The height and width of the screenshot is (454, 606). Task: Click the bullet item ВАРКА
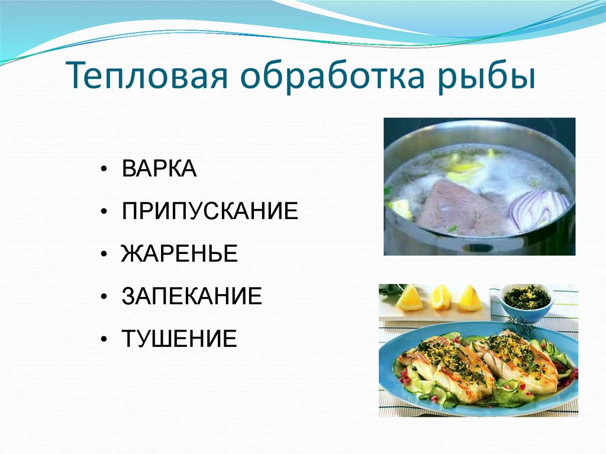(159, 169)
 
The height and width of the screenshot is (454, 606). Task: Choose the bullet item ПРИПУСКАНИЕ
(210, 211)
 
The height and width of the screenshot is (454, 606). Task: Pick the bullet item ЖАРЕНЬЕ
(179, 254)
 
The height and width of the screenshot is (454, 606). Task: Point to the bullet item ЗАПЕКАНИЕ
(192, 297)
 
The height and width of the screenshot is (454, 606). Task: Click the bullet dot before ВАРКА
(104, 170)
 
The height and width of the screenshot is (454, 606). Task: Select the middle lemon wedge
(440, 297)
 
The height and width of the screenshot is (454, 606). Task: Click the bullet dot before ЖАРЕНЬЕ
(104, 255)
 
